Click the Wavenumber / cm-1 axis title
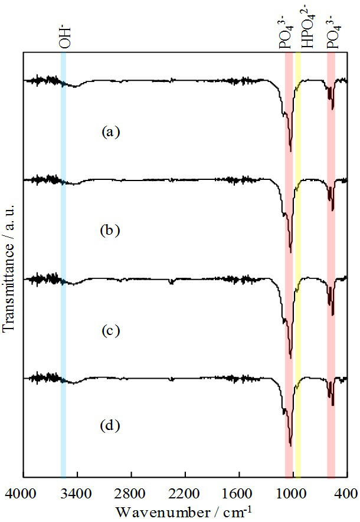pyautogui.click(x=184, y=510)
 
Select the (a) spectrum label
pyautogui.click(x=110, y=132)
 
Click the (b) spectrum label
pyautogui.click(x=110, y=230)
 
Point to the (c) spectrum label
pyautogui.click(x=110, y=330)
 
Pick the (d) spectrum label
pyautogui.click(x=110, y=425)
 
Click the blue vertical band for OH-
pyautogui.click(x=63, y=265)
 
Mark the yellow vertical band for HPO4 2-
pyautogui.click(x=298, y=265)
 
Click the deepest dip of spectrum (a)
pyautogui.click(x=290, y=150)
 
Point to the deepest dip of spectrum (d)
pyautogui.click(x=290, y=444)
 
